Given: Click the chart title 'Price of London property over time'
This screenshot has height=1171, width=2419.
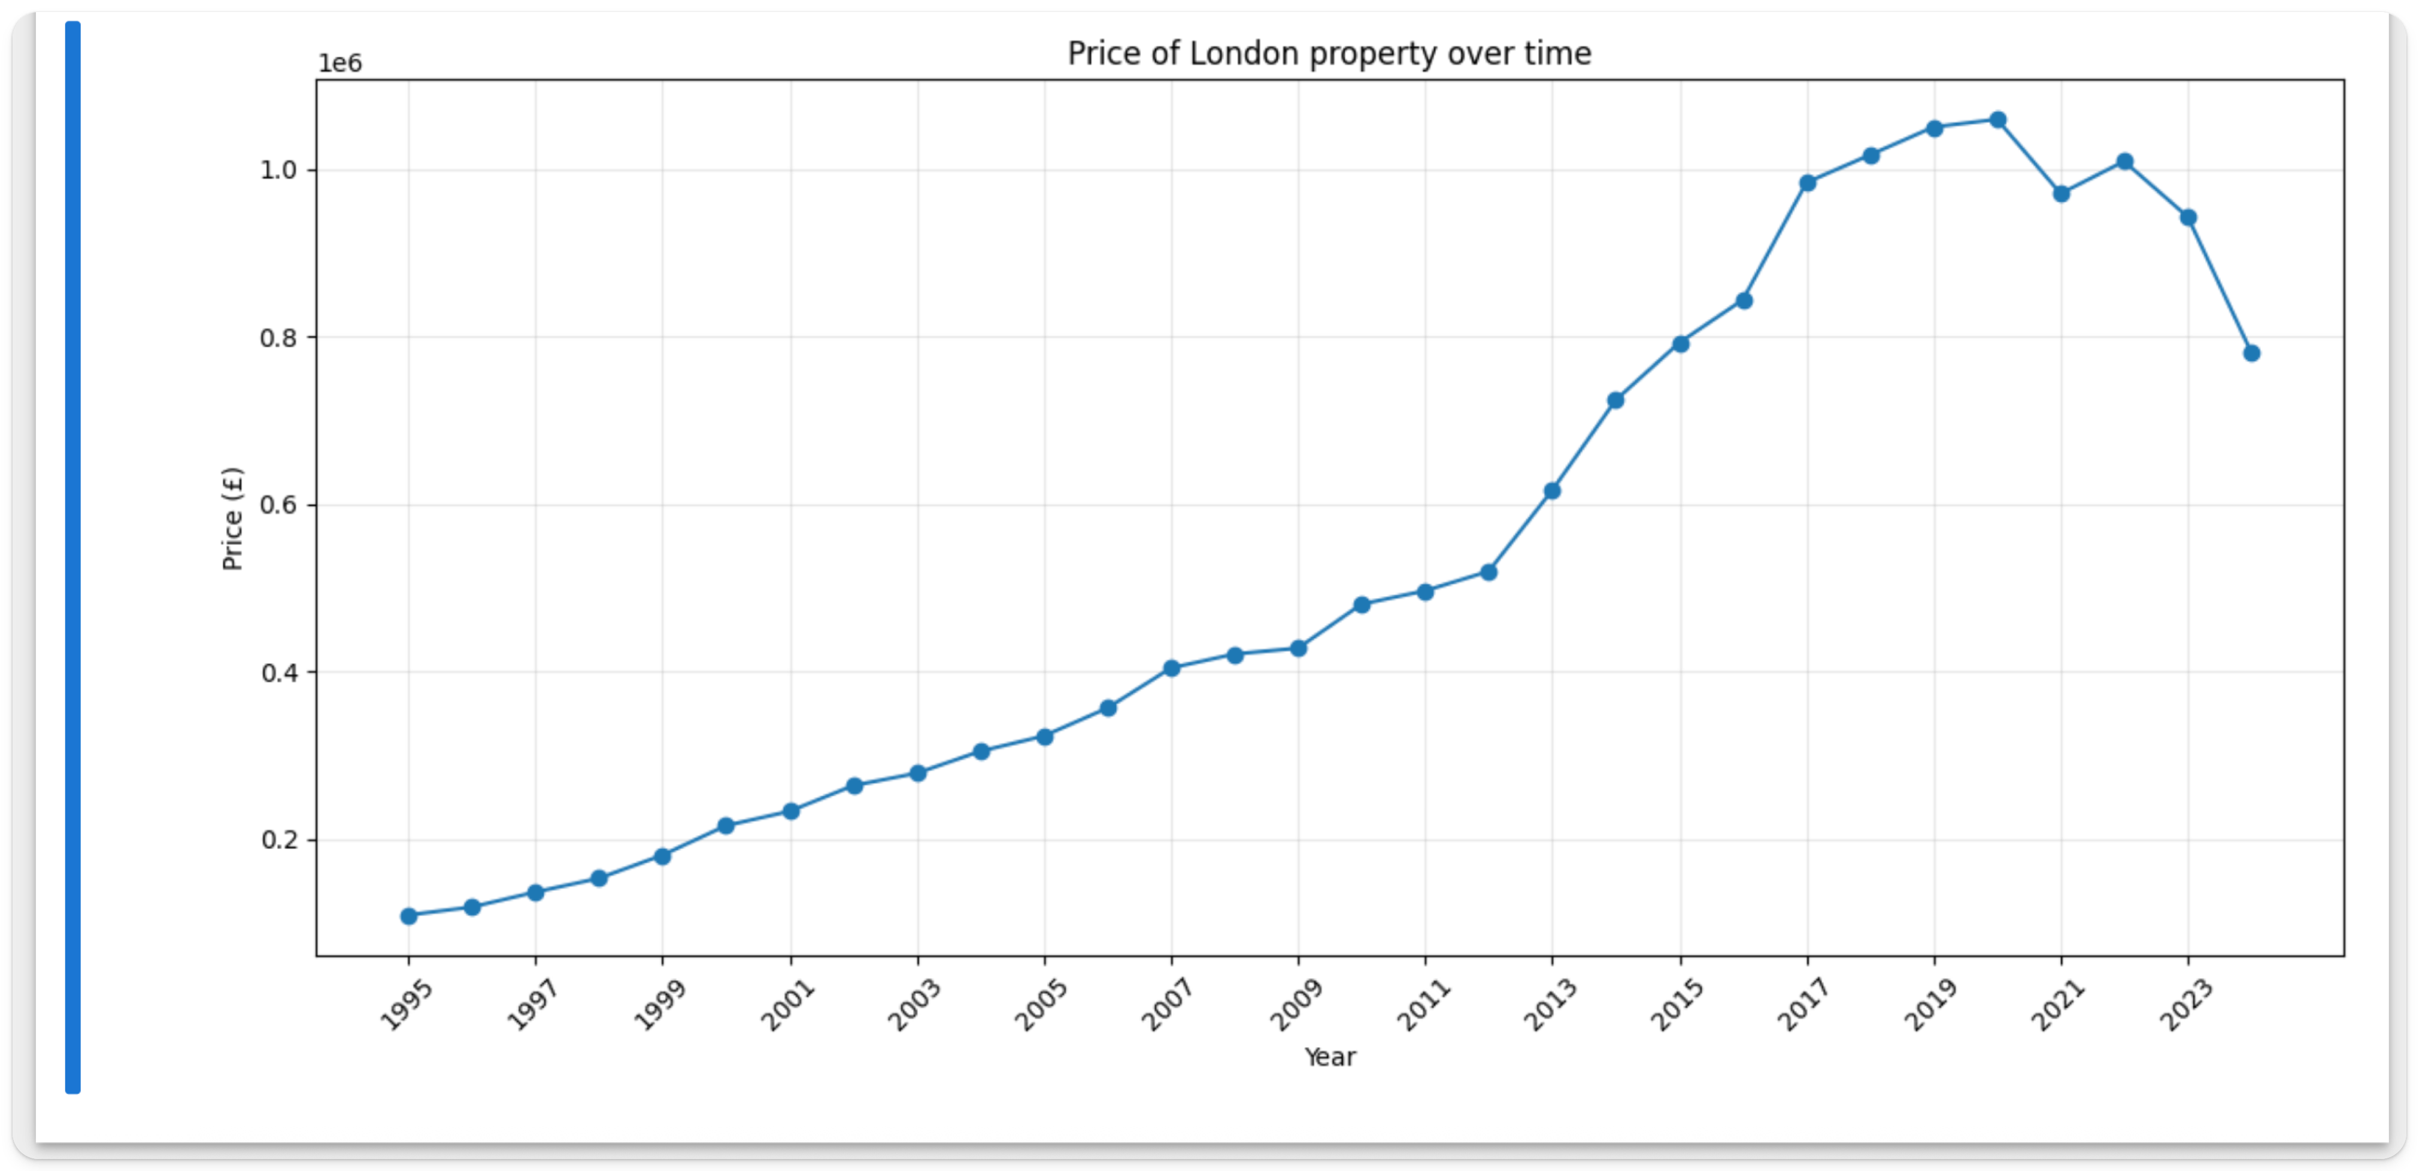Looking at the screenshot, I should tap(1329, 53).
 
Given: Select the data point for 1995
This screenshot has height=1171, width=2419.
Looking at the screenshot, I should tap(408, 915).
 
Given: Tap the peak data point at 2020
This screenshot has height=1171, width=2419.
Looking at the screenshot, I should tap(1997, 120).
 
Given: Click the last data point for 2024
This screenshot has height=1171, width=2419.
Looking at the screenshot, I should tap(2251, 353).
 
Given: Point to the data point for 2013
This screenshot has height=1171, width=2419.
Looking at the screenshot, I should tap(1552, 490).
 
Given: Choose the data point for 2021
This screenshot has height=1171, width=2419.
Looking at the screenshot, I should tap(2061, 193).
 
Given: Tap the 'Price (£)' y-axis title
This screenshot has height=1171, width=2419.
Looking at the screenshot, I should tap(232, 518).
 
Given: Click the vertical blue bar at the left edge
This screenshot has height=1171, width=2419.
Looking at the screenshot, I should tap(72, 557).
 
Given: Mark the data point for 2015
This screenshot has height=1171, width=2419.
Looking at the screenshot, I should tap(1681, 344).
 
